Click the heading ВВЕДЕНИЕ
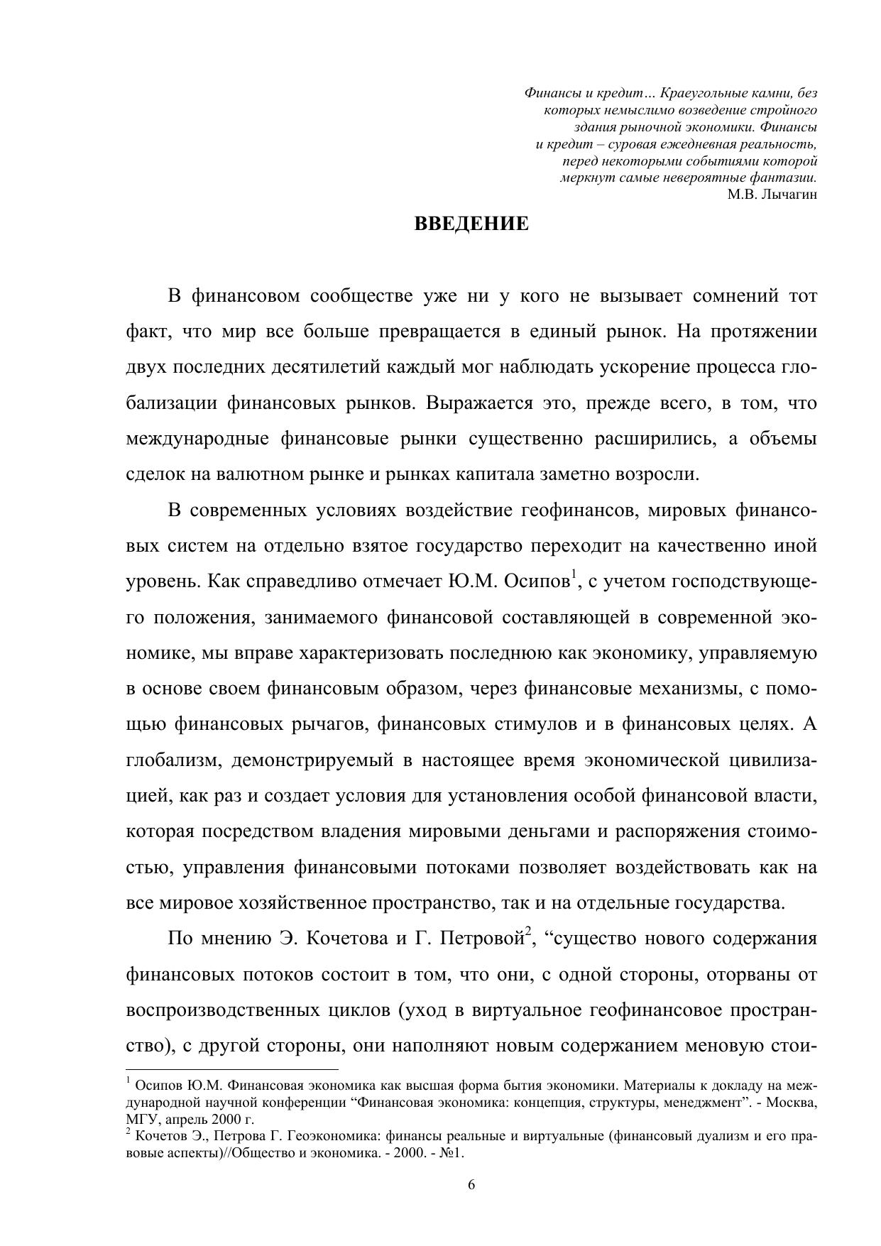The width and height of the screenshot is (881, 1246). (x=471, y=224)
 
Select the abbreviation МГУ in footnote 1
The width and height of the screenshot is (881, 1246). (x=140, y=1120)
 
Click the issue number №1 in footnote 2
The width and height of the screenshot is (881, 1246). (x=450, y=1152)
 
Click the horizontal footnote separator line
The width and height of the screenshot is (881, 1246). (x=232, y=1069)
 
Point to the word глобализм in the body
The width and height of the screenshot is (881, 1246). (x=168, y=760)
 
